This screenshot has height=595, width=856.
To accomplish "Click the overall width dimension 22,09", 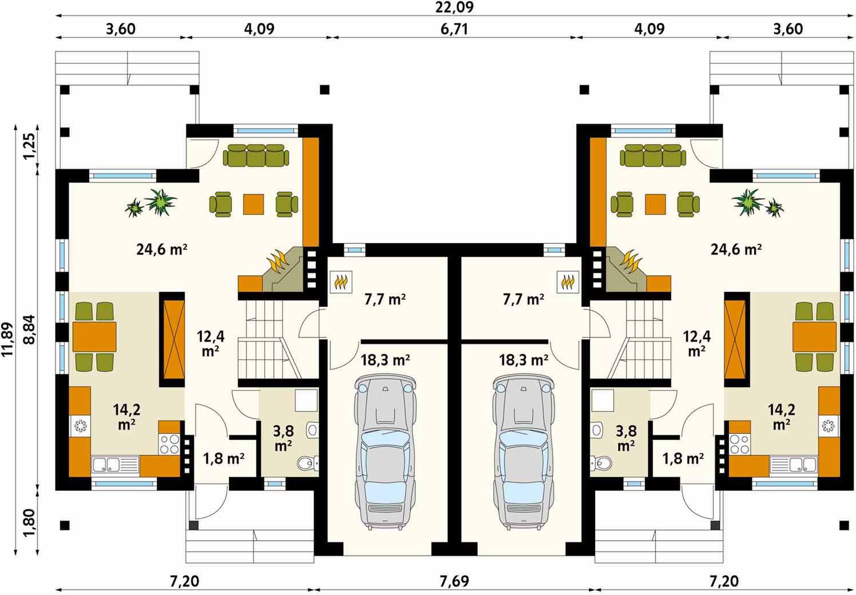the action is [x=454, y=7].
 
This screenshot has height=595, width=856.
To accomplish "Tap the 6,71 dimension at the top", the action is [x=454, y=29].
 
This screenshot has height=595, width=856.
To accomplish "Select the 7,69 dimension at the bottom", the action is [x=454, y=581].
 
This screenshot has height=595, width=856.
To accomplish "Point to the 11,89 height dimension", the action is [x=7, y=339].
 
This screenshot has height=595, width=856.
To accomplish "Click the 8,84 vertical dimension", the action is [x=30, y=330].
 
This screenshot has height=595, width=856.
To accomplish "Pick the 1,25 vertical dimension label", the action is [x=30, y=147].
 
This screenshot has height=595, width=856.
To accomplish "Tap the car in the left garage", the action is [x=385, y=453].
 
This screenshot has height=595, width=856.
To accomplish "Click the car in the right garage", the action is [x=523, y=453].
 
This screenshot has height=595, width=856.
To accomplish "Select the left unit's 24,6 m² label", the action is [x=162, y=250].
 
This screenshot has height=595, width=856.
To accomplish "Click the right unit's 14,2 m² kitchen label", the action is [x=782, y=416].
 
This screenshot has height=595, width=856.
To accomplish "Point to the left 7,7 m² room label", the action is [x=385, y=300].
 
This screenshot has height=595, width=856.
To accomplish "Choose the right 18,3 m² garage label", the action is [x=524, y=360].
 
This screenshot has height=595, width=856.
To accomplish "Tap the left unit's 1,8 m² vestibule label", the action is [x=224, y=459].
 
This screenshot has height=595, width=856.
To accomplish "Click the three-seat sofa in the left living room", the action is [x=256, y=156].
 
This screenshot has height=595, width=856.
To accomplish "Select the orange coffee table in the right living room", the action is [x=655, y=204].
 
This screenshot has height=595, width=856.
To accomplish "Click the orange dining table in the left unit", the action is [x=94, y=336].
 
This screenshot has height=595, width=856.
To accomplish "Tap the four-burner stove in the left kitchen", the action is [x=169, y=443].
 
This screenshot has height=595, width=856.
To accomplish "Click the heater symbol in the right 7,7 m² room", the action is [x=568, y=282].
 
